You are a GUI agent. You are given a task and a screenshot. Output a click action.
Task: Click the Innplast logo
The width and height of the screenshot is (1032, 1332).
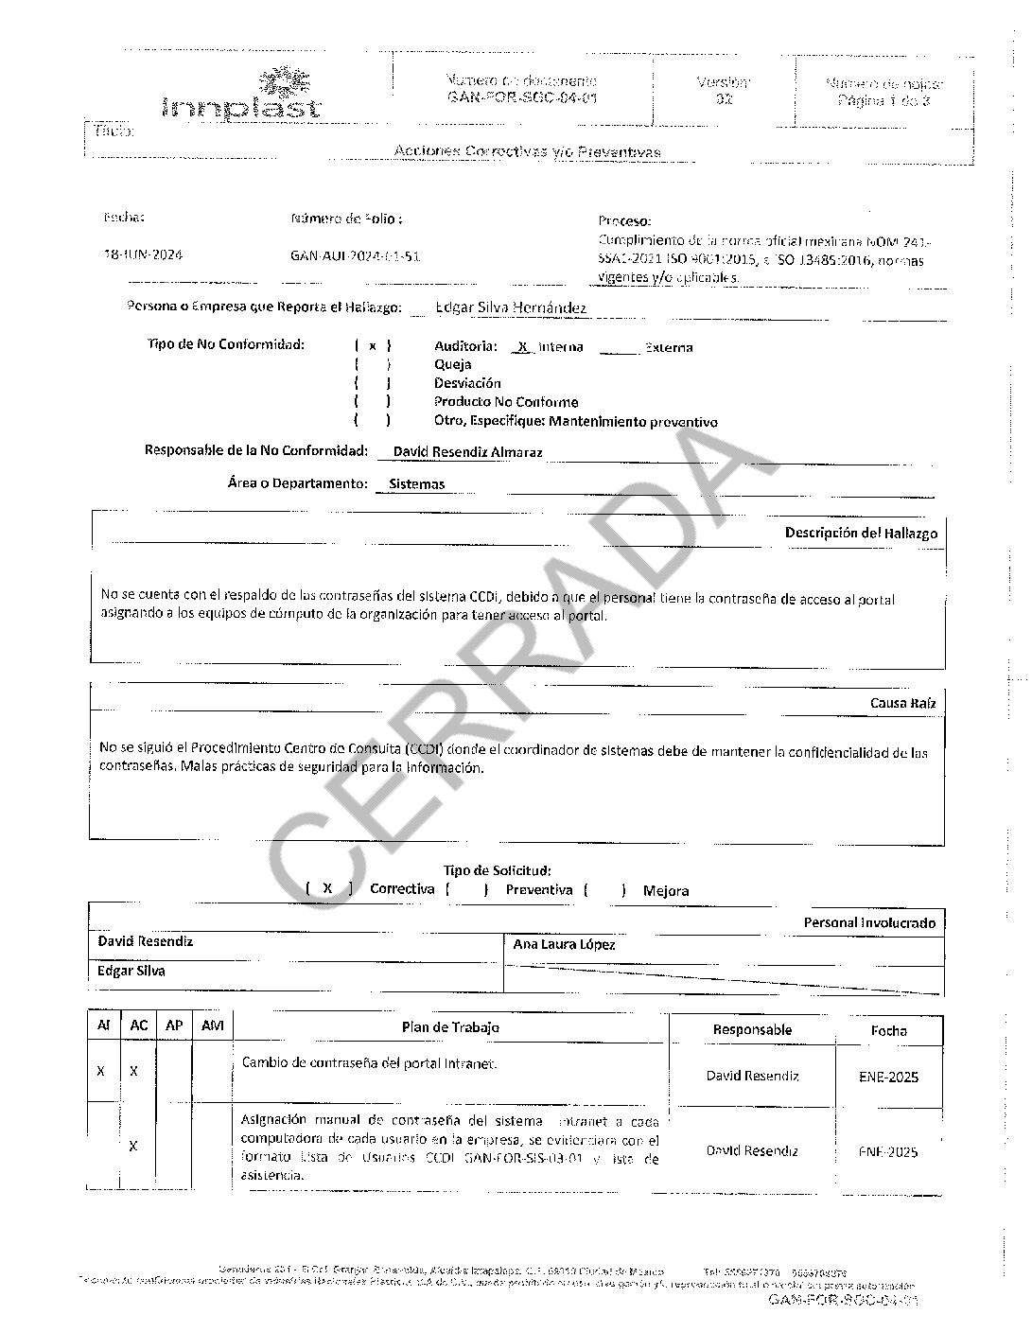243,95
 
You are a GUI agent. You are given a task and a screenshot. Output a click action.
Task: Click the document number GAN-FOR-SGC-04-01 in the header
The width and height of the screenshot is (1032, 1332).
521,97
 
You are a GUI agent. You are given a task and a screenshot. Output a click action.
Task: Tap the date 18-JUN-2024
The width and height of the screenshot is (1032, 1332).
143,255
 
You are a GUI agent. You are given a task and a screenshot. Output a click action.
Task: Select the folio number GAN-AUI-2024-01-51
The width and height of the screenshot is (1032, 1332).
355,256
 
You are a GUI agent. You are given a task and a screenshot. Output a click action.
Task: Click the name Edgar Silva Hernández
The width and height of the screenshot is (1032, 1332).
511,307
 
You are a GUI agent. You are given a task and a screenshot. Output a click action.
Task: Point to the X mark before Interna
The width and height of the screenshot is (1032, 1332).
522,347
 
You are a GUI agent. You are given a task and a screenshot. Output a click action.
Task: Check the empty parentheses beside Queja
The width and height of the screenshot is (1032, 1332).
372,364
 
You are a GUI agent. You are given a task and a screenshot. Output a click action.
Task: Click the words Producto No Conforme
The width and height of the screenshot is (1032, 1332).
506,402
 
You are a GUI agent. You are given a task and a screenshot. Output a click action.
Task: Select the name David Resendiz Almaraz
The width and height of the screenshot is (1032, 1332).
467,452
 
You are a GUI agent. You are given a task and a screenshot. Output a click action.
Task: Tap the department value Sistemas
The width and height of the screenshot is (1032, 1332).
416,484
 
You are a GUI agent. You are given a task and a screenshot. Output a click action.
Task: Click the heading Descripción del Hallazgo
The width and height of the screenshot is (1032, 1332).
861,533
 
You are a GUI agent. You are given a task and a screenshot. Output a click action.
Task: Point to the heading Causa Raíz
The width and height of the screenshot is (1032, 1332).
903,703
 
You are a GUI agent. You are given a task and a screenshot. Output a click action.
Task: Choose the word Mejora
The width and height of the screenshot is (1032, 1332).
666,890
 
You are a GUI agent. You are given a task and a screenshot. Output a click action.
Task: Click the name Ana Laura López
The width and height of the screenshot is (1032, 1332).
564,944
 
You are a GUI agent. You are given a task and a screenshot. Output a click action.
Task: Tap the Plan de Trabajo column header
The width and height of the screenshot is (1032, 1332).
450,1027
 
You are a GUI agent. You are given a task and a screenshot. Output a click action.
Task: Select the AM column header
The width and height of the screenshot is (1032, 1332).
213,1025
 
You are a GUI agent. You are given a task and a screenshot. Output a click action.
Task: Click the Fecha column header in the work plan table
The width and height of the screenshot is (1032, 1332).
888,1030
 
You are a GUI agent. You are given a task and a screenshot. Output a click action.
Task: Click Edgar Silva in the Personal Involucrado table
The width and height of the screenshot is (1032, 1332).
131,971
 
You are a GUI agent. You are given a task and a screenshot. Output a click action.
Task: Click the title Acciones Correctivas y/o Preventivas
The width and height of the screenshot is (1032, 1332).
527,151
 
